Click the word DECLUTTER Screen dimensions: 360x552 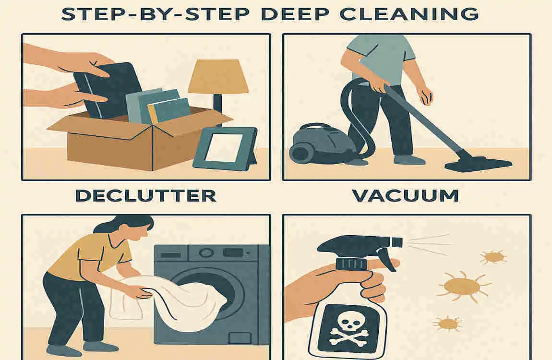(146, 195)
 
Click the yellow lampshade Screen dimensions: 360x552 (218, 77)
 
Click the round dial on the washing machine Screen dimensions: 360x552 (206, 252)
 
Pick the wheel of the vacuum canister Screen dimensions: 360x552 (298, 154)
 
